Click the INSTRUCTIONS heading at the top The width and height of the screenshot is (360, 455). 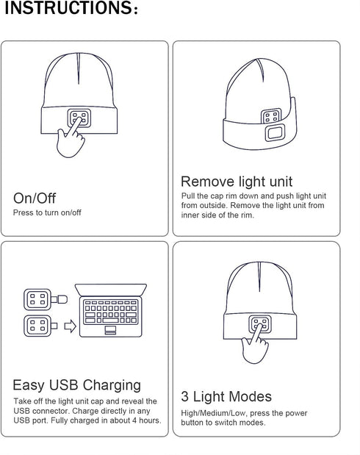point(71,9)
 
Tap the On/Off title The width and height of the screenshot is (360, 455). point(35,198)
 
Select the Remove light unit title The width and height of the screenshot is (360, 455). point(237,182)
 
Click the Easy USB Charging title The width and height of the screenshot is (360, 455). point(76,385)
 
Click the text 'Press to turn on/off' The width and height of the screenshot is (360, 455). point(47,212)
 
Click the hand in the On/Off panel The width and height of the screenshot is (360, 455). point(71,139)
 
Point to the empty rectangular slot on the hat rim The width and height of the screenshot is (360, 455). point(276,134)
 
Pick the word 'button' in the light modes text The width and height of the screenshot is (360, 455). point(192,423)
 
